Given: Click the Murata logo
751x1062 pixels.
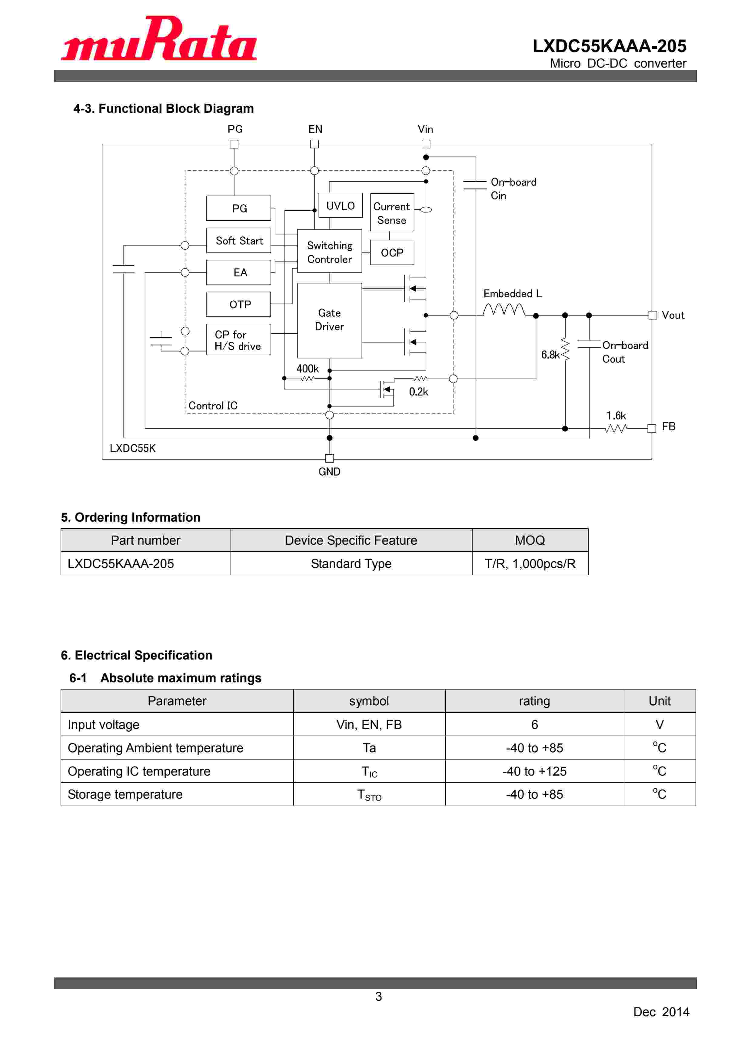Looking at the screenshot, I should coord(159,39).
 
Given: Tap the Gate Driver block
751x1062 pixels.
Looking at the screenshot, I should coord(329,320).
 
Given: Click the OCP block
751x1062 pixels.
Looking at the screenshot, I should coord(392,252).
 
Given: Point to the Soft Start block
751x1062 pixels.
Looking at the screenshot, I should coord(239,241).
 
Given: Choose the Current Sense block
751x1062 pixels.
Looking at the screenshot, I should coord(392,213).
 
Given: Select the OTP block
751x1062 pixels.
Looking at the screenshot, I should coord(239,304).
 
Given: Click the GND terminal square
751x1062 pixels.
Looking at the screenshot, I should coord(329,458).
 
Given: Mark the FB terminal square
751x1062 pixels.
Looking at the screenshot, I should coord(652,428).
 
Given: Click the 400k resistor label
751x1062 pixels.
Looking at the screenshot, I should coord(307,369).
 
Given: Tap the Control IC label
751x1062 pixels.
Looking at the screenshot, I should coord(213,406).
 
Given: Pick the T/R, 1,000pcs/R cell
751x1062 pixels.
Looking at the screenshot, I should coord(530,564).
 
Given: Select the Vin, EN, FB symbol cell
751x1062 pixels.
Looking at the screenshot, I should coord(369,725).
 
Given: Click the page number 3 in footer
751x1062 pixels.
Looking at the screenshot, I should coord(378,996).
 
